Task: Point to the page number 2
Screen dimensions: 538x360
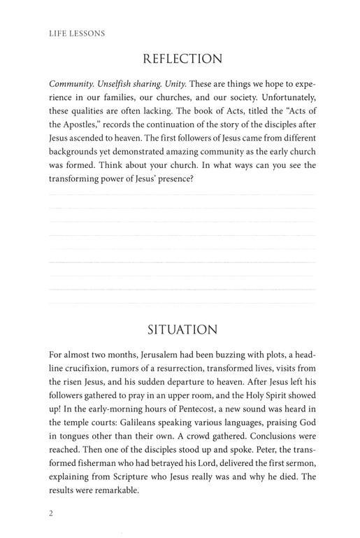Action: click(52, 513)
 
